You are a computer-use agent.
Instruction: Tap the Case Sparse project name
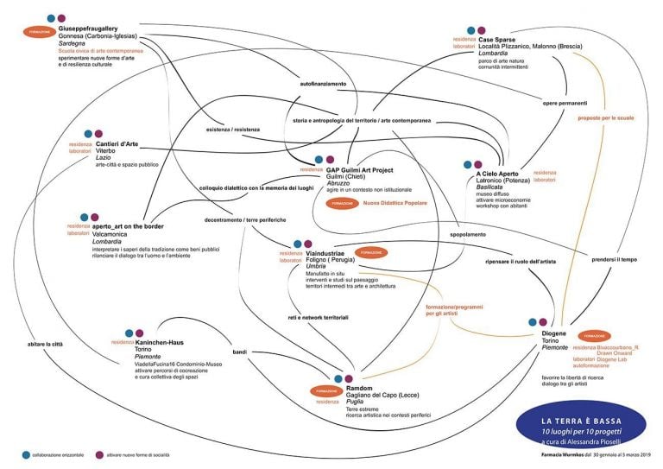(497, 39)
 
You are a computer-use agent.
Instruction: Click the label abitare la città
(45, 344)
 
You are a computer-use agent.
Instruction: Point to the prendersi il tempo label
(615, 260)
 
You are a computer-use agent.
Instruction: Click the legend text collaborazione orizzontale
(60, 454)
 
